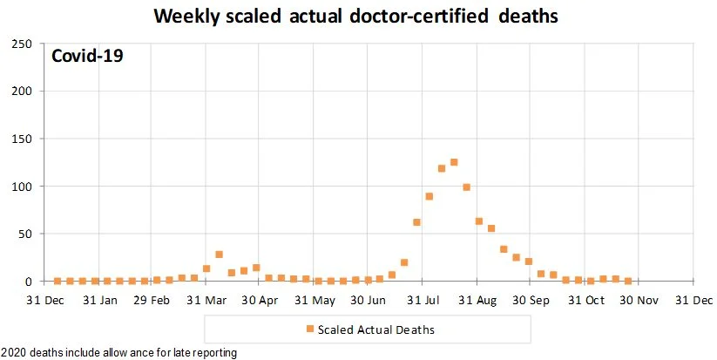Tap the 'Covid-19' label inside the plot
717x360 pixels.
tap(87, 57)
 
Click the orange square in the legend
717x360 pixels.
tap(308, 329)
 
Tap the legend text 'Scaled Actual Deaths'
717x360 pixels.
tap(376, 330)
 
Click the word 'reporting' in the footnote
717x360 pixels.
tap(213, 353)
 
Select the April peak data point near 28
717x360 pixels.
tap(219, 255)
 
